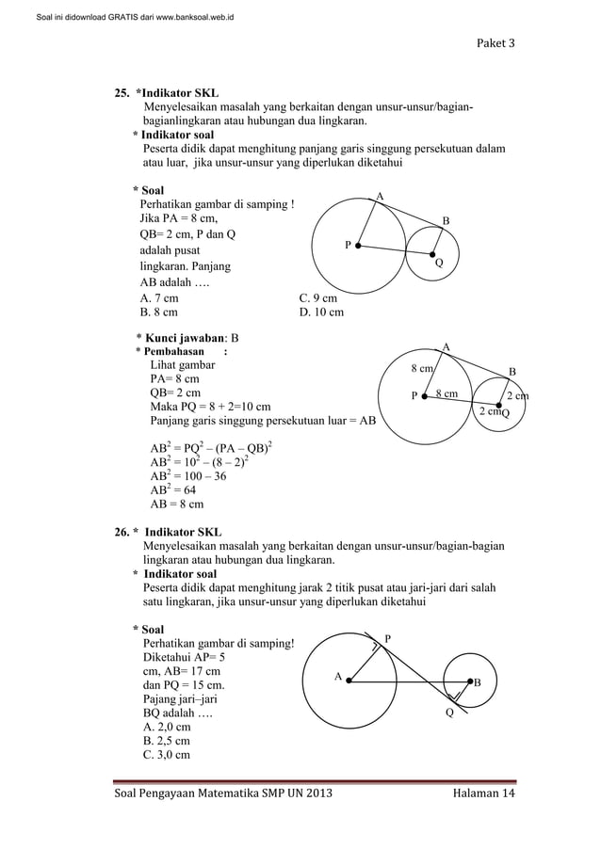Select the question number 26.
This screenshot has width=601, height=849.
click(x=122, y=533)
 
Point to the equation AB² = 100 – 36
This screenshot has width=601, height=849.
click(x=188, y=476)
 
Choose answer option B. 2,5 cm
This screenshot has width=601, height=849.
click(x=165, y=741)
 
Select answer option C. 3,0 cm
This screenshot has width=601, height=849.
click(x=165, y=755)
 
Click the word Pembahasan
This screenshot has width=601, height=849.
click(x=175, y=351)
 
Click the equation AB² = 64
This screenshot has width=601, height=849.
click(x=173, y=489)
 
